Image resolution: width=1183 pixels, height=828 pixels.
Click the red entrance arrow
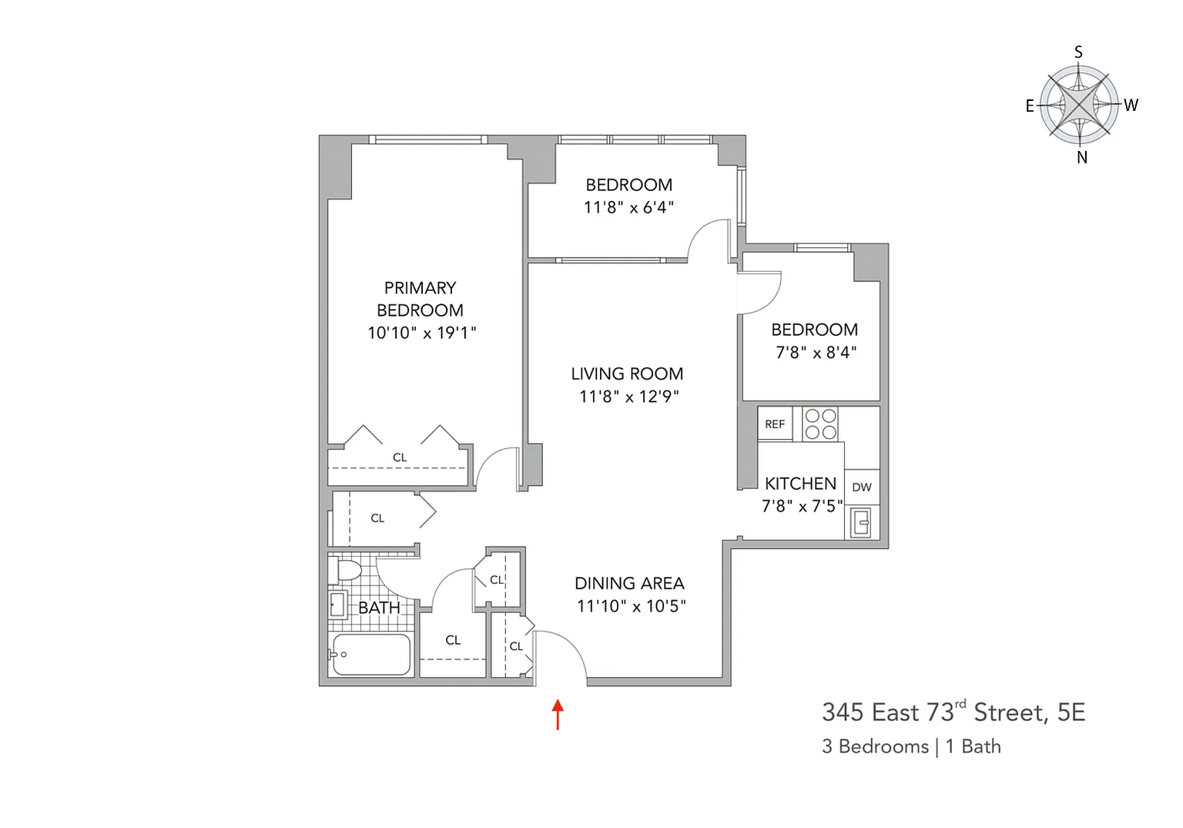coord(558,714)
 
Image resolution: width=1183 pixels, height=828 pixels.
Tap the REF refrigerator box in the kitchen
coord(775,424)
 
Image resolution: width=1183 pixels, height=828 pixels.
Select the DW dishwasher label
coord(862,488)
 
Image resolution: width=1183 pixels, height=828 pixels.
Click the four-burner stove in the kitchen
coord(820,424)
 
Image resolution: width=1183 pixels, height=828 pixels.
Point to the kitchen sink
coord(861,522)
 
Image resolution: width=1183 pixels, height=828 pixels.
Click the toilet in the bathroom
coord(344,571)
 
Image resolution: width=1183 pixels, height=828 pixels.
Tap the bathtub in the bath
coord(371,655)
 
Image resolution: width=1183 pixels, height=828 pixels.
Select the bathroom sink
coord(337,605)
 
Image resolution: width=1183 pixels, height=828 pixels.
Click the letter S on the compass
coord(1078,52)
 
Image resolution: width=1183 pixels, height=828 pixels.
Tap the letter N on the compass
coord(1081,157)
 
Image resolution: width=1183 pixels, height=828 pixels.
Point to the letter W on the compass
coord(1131,105)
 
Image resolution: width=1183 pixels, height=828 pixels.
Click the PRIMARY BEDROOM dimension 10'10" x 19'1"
coord(422,333)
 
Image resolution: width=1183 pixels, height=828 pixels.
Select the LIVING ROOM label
coord(627,374)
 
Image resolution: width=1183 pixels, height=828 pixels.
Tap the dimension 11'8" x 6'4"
coord(628,207)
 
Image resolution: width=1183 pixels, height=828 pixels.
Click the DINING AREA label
coord(629,583)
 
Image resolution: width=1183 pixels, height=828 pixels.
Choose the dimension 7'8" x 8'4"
coord(816,352)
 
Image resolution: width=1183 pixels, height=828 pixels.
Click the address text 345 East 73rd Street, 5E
coord(953,712)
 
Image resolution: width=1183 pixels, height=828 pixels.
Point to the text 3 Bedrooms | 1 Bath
coord(912,746)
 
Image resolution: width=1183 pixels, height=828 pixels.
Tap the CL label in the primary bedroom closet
coord(400,458)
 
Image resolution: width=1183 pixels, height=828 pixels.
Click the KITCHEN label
coord(801,483)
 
